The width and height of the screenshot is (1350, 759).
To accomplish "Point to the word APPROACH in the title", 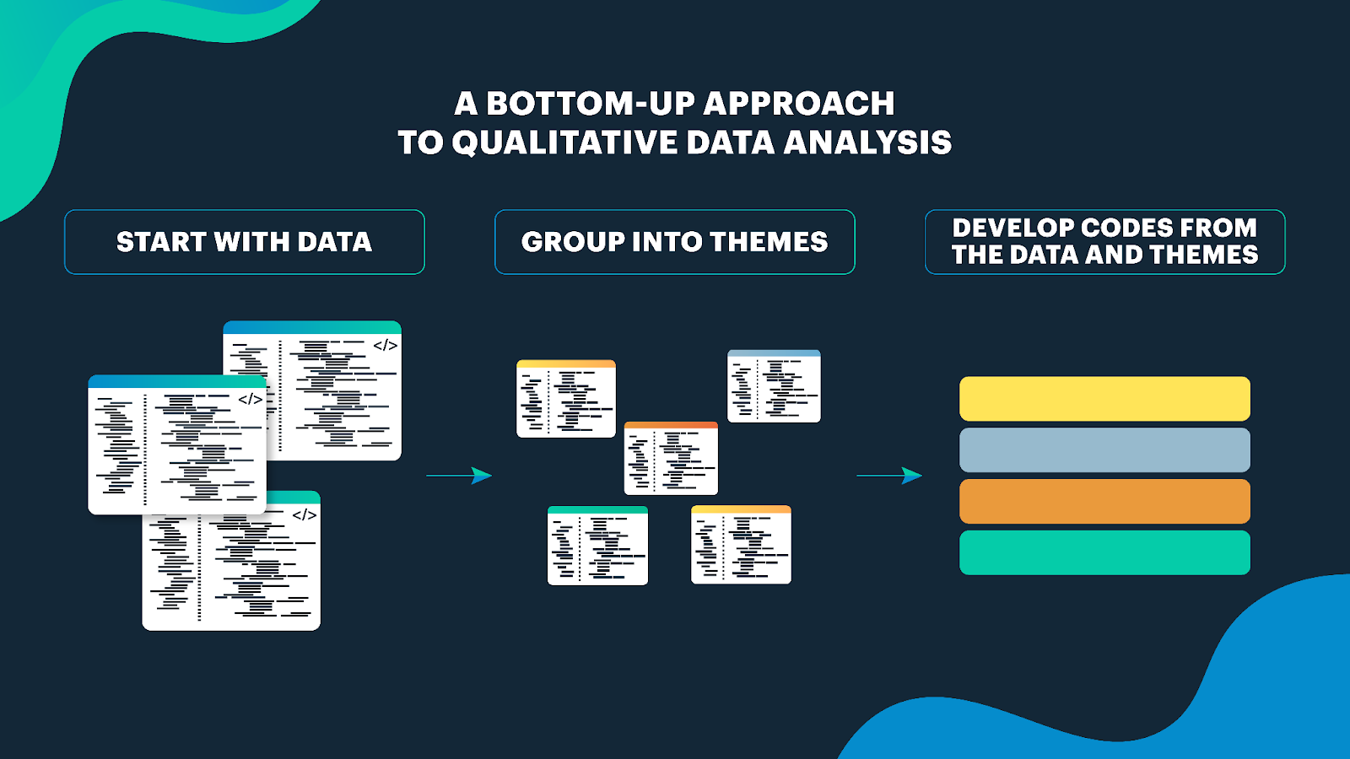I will tap(799, 104).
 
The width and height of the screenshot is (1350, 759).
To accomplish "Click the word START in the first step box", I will tap(161, 242).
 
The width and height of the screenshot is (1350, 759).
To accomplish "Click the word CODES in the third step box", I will tap(1127, 228).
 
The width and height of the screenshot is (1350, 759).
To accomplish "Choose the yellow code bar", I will tap(1104, 399).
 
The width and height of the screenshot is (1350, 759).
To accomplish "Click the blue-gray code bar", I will tap(1104, 449).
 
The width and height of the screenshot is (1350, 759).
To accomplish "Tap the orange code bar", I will tap(1104, 501).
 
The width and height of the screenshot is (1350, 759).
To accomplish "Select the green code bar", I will tap(1104, 552).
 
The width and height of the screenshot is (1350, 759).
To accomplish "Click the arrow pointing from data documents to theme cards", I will tap(459, 476).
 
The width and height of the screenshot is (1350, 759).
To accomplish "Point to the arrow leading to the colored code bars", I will tap(889, 476).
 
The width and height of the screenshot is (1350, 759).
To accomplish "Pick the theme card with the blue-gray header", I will tap(774, 386).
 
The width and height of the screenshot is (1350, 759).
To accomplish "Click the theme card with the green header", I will tap(597, 546).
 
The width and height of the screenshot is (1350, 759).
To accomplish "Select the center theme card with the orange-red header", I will tap(671, 459).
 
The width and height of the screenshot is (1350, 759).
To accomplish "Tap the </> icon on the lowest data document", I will tap(304, 514).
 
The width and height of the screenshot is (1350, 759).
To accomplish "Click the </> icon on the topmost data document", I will tap(385, 345).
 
